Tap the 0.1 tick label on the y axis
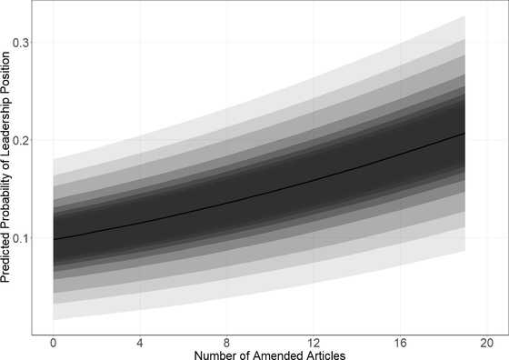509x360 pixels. click(x=22, y=238)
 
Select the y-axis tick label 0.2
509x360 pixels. click(x=22, y=141)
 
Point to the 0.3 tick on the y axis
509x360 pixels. click(x=22, y=43)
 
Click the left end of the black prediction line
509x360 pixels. click(x=55, y=239)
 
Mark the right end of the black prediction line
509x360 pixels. click(x=464, y=134)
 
